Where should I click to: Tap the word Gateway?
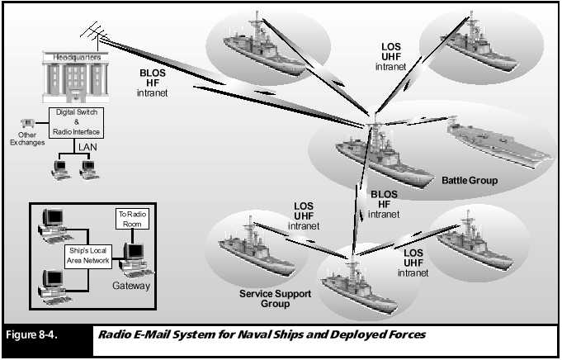pos(131,286)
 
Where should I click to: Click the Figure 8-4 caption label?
pos(32,336)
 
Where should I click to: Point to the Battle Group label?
pos(470,180)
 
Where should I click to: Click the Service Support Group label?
pos(265,298)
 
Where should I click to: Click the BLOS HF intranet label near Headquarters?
pos(153,82)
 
